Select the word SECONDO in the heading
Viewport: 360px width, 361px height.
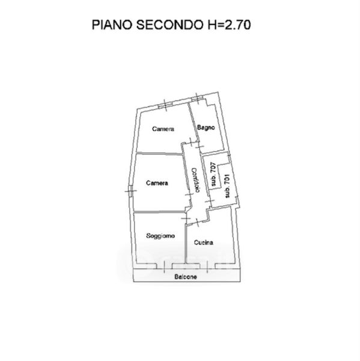(x=169, y=25)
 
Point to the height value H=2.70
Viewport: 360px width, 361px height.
(x=229, y=25)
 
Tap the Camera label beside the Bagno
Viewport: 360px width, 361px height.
(x=163, y=129)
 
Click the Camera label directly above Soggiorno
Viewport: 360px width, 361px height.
(x=157, y=183)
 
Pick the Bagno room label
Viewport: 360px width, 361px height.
(x=206, y=128)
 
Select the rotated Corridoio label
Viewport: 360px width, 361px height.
(x=196, y=180)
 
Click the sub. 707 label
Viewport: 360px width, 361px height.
(x=213, y=174)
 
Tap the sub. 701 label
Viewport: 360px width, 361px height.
(x=227, y=186)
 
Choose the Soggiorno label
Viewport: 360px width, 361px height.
(x=160, y=236)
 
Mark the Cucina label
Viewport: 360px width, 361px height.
(x=203, y=242)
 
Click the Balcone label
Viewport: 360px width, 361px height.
(x=186, y=277)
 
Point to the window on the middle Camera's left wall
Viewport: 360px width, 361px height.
(x=130, y=191)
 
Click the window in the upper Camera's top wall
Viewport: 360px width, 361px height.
(x=165, y=105)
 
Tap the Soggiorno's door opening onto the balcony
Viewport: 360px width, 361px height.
(x=164, y=266)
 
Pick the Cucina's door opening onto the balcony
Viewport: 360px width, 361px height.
(x=207, y=266)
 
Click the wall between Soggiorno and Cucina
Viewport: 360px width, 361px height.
(x=185, y=244)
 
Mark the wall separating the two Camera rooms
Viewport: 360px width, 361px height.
(x=159, y=153)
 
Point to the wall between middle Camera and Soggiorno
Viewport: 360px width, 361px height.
(x=160, y=212)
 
